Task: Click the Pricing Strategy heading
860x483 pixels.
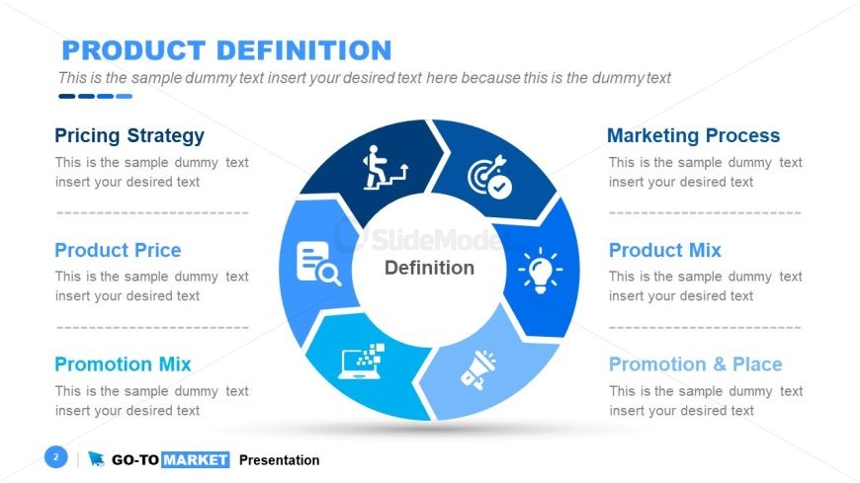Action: point(129,136)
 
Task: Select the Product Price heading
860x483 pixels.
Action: point(118,250)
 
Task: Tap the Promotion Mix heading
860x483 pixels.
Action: point(123,364)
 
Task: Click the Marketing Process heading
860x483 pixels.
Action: point(693,135)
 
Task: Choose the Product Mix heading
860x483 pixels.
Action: point(664,250)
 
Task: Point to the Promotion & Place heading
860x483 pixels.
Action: point(696,364)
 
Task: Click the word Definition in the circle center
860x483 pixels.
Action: point(429,268)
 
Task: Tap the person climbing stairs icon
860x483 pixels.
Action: point(386,168)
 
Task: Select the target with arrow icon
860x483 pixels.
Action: point(489,177)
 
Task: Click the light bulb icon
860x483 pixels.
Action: point(541,270)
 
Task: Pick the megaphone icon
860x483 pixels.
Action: point(478,370)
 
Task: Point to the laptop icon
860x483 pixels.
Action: point(362,362)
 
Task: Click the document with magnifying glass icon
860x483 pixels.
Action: point(318,264)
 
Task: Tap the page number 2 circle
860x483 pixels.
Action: point(56,456)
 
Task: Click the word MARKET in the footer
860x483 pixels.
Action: point(196,460)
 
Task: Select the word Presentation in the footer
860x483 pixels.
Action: point(279,460)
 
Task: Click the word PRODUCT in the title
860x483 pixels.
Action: point(133,50)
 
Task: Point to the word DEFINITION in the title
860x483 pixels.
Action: point(304,50)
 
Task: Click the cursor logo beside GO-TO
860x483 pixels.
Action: point(96,459)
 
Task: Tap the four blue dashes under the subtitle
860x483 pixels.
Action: point(96,97)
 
